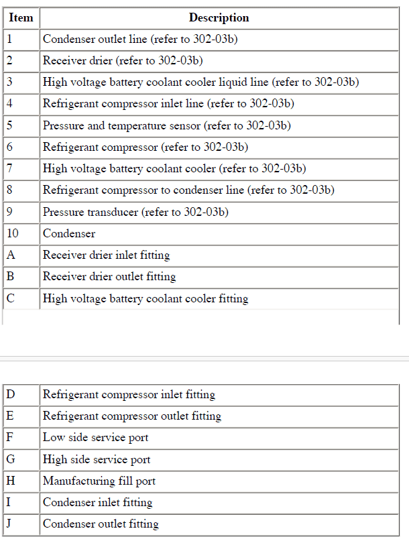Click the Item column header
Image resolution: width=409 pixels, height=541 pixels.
tap(21, 18)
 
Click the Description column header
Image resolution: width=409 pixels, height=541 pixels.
tap(219, 18)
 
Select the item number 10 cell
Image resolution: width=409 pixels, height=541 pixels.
tap(13, 233)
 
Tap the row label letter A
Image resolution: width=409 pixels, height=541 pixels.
tap(10, 255)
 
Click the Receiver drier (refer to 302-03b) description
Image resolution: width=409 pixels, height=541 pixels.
tap(123, 60)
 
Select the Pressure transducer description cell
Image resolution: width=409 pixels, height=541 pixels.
tap(135, 212)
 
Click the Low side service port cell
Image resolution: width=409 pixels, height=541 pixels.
tap(95, 438)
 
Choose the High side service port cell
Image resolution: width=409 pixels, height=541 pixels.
tap(97, 459)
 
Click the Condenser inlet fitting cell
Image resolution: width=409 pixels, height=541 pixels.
tap(97, 502)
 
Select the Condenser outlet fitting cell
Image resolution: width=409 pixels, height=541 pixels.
tap(101, 524)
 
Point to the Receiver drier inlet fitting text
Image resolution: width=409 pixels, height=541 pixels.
tap(106, 255)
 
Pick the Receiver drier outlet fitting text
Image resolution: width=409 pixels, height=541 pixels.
tap(109, 276)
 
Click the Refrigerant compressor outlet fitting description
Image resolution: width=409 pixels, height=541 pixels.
tap(132, 416)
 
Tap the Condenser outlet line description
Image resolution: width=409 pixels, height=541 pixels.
tap(140, 39)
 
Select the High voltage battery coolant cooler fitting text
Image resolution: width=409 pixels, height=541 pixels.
tap(145, 298)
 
